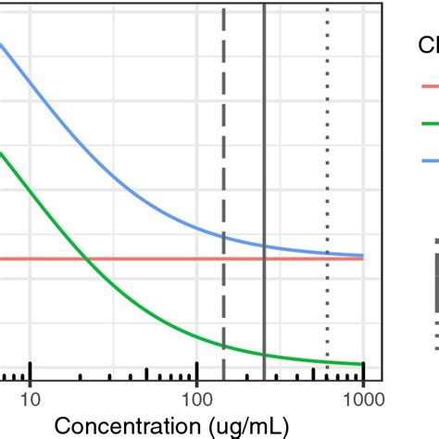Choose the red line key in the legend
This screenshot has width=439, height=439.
431,86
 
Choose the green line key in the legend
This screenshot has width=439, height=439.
431,121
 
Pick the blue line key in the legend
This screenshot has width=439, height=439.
431,157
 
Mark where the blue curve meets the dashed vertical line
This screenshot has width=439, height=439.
223,236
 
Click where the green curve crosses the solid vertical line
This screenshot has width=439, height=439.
264,355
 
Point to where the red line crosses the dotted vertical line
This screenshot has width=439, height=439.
327,258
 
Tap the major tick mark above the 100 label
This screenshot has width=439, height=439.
196,371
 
